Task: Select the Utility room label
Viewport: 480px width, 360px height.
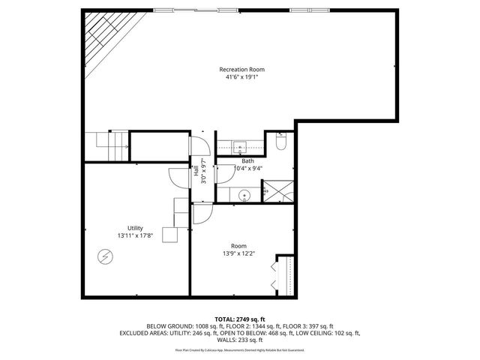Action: (135, 228)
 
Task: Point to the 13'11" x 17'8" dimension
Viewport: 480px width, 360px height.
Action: (135, 235)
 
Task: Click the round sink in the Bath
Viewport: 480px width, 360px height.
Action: (243, 196)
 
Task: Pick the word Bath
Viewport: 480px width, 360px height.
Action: (247, 161)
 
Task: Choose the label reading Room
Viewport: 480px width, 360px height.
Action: (238, 246)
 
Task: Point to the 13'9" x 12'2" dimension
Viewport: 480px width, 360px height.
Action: (238, 253)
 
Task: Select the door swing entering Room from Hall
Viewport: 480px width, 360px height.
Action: (202, 214)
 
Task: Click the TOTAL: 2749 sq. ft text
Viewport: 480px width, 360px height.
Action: (239, 319)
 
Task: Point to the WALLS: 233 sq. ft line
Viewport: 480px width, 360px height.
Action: (239, 340)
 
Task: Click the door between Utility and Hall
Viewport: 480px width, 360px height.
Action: (179, 177)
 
